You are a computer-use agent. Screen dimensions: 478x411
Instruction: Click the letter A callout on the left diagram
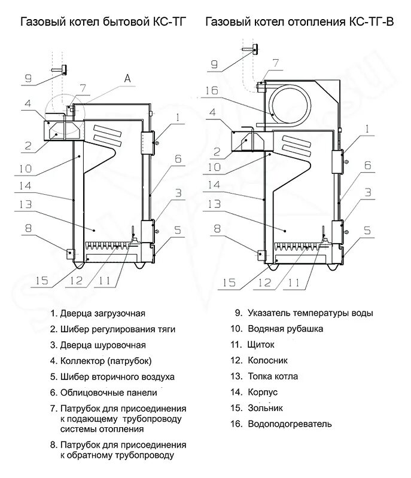[x=126, y=78]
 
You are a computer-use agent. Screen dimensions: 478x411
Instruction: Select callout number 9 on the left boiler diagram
[x=28, y=78]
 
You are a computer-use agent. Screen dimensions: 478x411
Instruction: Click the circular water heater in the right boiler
[x=285, y=99]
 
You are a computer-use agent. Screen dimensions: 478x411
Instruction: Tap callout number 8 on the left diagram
[x=28, y=228]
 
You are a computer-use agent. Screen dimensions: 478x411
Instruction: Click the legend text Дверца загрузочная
[x=102, y=312]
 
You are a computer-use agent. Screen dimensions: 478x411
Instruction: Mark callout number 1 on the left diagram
[x=178, y=118]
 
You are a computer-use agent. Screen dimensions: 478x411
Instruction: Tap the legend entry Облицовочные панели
[x=108, y=393]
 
